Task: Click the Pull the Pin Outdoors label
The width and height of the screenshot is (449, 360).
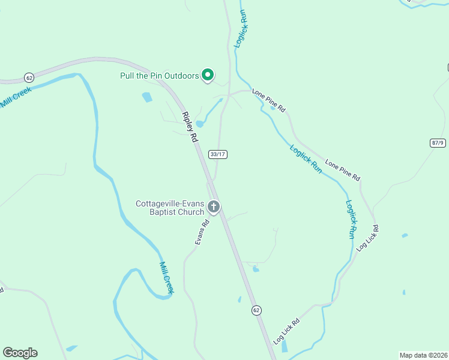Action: [x=159, y=76]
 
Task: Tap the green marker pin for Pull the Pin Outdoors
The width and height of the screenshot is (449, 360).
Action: [x=208, y=75]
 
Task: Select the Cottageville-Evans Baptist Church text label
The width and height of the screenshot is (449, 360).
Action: [x=170, y=208]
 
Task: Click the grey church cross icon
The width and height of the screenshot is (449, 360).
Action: [x=213, y=208]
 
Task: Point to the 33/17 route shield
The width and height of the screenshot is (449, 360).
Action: [x=218, y=154]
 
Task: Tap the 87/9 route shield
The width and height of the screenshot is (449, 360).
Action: [x=438, y=142]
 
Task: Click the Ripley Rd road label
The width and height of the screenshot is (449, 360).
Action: [x=190, y=127]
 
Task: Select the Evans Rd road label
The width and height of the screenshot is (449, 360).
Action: [x=202, y=232]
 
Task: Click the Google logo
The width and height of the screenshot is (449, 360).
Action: [x=20, y=353]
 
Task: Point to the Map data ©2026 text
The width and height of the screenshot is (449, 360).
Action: [x=423, y=355]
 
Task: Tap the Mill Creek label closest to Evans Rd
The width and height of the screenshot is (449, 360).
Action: [x=166, y=278]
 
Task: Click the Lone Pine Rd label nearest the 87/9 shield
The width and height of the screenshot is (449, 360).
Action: [x=342, y=170]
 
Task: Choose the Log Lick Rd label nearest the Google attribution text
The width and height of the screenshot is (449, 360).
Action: [x=286, y=331]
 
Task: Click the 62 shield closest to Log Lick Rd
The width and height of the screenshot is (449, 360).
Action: [x=256, y=310]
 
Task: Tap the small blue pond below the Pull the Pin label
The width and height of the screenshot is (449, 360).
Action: [x=146, y=97]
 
